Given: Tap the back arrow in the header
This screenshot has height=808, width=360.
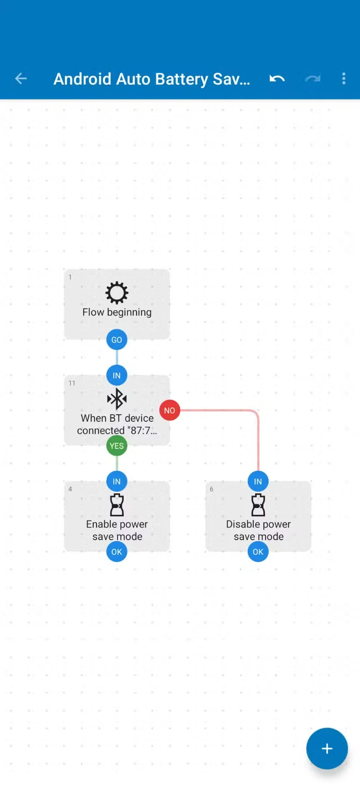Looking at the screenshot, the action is (x=21, y=79).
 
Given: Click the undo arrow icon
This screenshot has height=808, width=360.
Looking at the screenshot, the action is (x=277, y=79).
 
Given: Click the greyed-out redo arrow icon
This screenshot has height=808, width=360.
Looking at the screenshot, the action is (x=312, y=79).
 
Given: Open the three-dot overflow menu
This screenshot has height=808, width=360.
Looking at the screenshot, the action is (x=344, y=79).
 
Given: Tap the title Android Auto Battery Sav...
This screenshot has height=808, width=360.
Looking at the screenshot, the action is (x=152, y=79).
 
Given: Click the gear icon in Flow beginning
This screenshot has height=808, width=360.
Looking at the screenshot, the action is (x=117, y=293).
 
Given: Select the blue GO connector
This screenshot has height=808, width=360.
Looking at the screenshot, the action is (x=117, y=340).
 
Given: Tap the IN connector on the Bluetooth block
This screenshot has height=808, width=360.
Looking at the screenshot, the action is (x=117, y=375).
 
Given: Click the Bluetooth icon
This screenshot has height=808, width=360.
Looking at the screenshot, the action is (x=117, y=399).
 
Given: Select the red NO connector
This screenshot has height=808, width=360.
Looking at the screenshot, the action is (x=170, y=411).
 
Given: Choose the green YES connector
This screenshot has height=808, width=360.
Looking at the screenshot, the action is (x=117, y=446).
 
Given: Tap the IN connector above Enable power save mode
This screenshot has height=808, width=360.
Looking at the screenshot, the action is (x=117, y=482).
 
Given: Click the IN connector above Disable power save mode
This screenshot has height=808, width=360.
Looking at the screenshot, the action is (x=258, y=482).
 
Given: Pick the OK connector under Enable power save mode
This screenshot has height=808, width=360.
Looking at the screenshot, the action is (x=117, y=552).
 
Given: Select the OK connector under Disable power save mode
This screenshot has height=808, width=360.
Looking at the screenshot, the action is (x=258, y=552).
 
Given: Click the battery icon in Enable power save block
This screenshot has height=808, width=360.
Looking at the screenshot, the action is (x=117, y=505).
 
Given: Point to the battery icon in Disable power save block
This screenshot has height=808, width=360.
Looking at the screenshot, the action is (x=258, y=505).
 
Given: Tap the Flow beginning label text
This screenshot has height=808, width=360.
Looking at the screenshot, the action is (x=117, y=312).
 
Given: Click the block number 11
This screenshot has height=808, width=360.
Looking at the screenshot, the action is (x=72, y=383).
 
